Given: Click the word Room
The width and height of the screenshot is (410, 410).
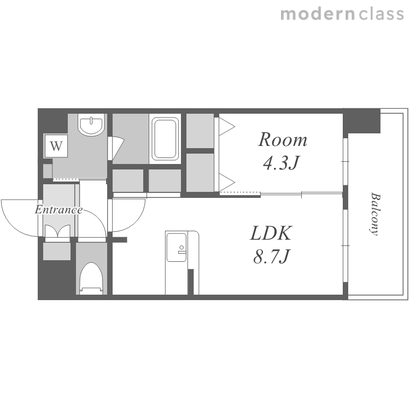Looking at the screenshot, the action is tap(283, 139).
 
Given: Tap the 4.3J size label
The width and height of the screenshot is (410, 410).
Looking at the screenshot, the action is tap(281, 163).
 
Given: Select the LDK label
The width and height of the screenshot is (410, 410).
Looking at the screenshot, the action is tap(271, 233).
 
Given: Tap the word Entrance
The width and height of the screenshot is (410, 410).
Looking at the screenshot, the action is tap(59, 210).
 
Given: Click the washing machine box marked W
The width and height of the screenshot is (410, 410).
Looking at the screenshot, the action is tap(56, 146).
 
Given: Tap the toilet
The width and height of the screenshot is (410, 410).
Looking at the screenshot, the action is tap(91, 278).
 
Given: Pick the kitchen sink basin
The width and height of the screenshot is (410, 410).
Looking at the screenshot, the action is tap(177, 247).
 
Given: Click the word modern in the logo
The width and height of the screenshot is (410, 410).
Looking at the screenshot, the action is tap(318, 14).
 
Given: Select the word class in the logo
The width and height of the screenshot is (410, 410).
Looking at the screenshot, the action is tap(381, 14).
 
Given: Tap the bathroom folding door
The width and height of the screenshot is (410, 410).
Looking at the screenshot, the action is tap(115, 148).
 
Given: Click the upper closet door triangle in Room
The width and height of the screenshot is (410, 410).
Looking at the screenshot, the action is tap(227, 127).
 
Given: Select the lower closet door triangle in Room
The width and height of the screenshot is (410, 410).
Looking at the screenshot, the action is tap(227, 182).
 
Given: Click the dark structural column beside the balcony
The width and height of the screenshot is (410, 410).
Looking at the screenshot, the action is tap(362, 121).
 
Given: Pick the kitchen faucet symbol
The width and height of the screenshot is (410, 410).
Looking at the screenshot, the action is tap(181, 249).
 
